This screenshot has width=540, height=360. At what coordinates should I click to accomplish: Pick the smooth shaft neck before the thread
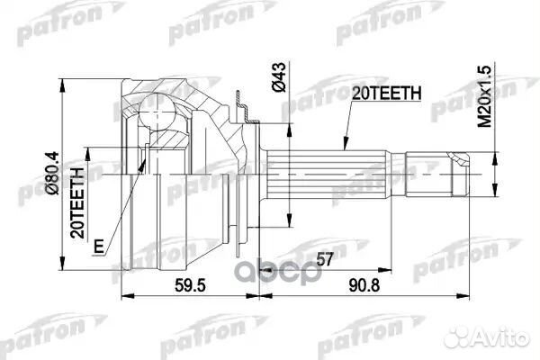point(396,170)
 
